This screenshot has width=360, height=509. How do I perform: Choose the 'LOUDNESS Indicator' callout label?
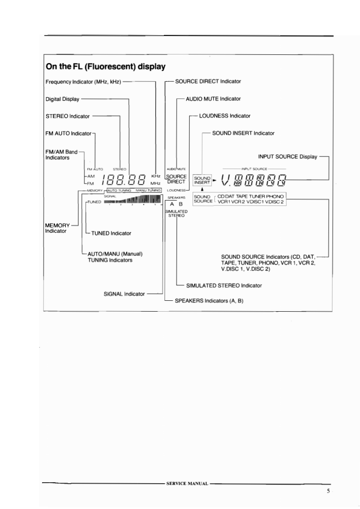pyautogui.click(x=225, y=116)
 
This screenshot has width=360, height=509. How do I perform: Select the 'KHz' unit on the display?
pyautogui.click(x=155, y=176)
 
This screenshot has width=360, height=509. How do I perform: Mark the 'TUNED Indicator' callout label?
pyautogui.click(x=111, y=233)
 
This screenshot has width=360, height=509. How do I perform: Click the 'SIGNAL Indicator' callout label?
pyautogui.click(x=124, y=294)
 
